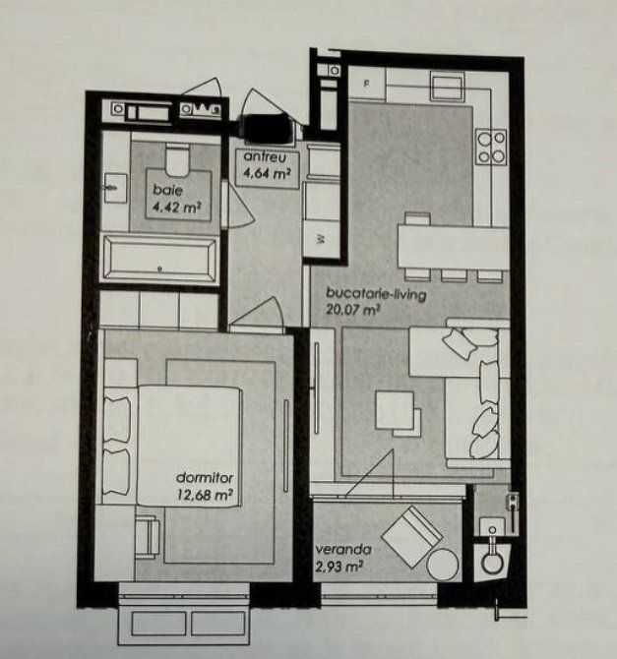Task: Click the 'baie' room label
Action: [168, 190]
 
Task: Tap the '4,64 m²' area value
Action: [267, 173]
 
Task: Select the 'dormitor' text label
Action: [205, 477]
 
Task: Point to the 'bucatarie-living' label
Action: [377, 294]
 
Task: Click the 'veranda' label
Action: [343, 549]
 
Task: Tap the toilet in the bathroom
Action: [177, 160]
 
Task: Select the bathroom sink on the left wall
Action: [115, 188]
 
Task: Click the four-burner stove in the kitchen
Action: [491, 148]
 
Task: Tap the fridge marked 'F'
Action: [367, 84]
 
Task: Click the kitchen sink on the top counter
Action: [447, 86]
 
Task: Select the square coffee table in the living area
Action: [395, 410]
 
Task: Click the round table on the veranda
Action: [443, 565]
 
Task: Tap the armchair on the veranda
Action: [411, 536]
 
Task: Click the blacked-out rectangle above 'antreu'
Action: [267, 127]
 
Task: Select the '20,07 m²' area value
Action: [353, 310]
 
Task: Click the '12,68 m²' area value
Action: [206, 494]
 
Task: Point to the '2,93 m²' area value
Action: [339, 567]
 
